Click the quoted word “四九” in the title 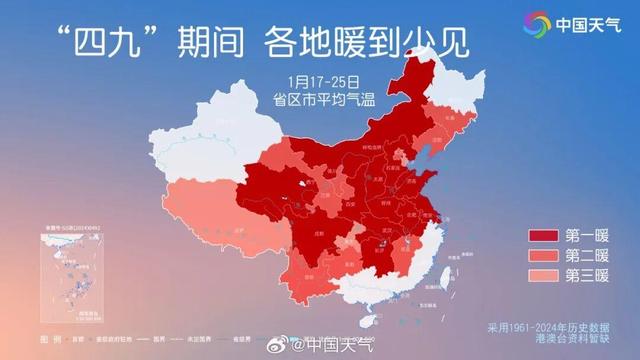coord(107,41)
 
